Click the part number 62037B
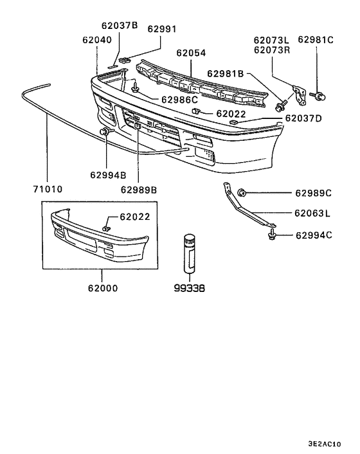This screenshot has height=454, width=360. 120,26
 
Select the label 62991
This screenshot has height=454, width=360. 162,29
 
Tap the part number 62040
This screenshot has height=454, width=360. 96,40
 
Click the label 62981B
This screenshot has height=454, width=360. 225,73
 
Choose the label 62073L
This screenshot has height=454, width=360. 272,40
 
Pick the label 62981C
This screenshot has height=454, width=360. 316,40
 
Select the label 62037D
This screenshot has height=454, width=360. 303,118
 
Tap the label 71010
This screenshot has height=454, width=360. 48,190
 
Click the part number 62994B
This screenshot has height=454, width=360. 108,174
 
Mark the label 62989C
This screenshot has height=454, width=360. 314,193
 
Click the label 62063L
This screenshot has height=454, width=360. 312,213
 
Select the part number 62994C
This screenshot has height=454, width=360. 314,235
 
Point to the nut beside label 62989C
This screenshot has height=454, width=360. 242,192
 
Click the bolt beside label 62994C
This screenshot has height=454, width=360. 273,235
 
